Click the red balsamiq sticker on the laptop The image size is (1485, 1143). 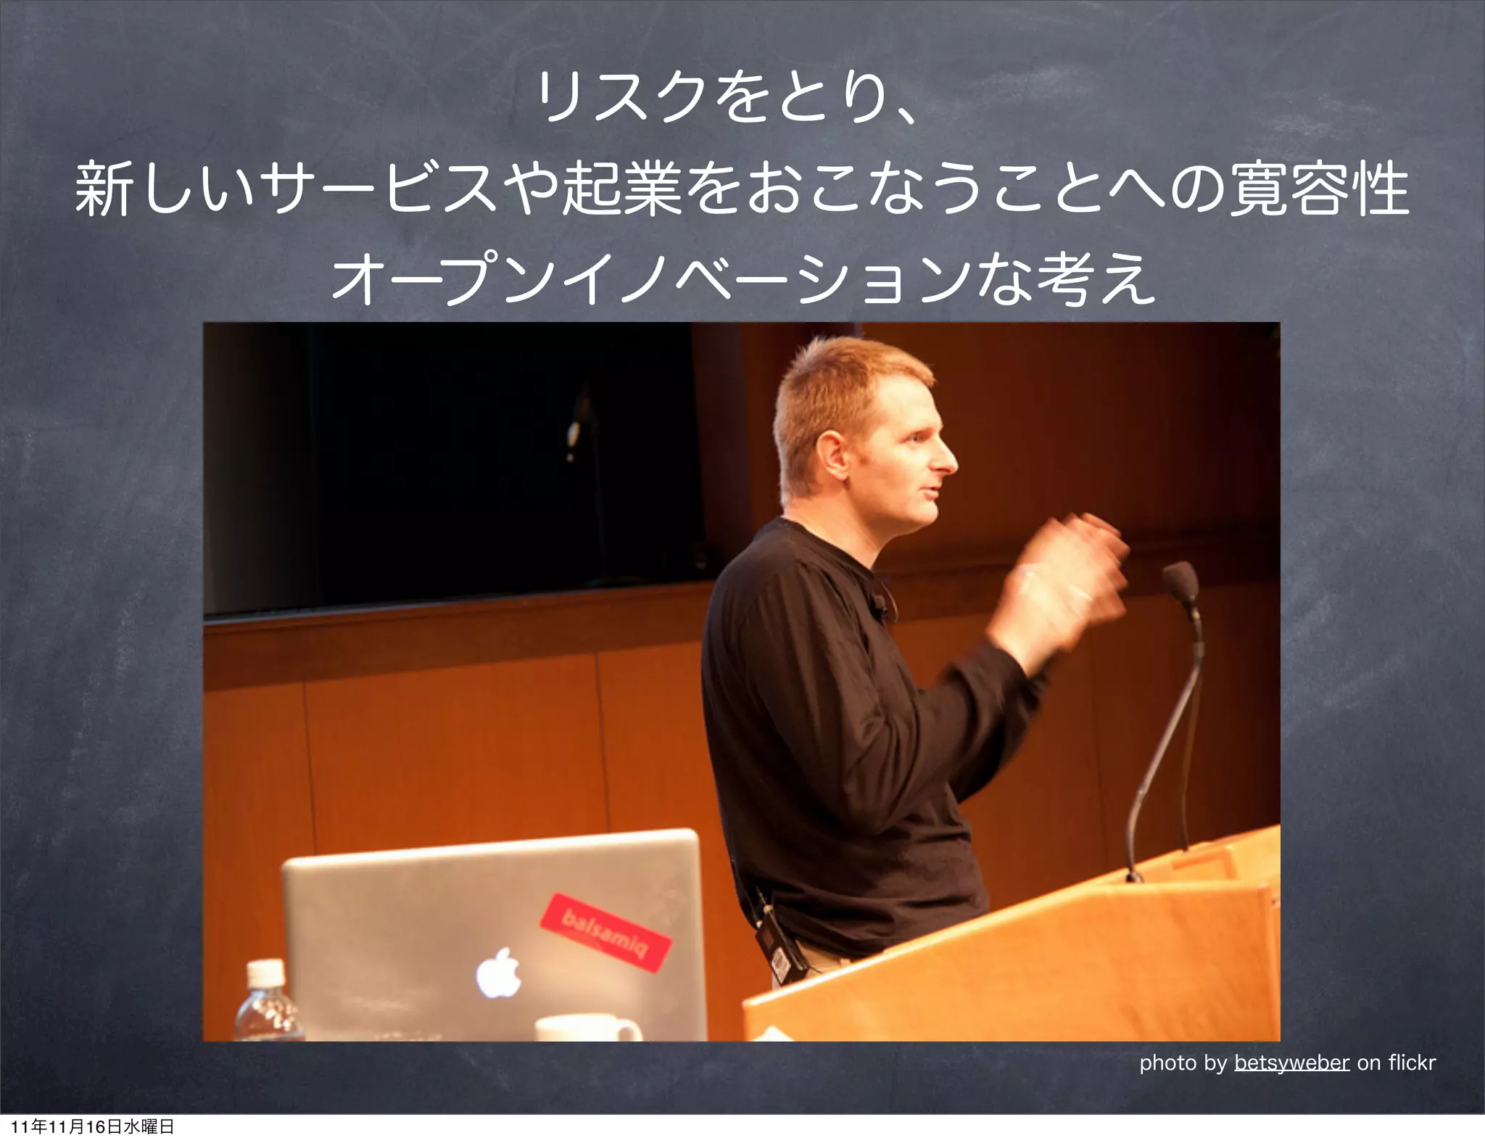[606, 931]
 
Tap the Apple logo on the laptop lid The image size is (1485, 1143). [498, 972]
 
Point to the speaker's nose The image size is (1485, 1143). [946, 461]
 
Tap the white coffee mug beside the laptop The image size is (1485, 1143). [587, 1029]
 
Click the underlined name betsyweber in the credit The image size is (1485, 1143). [1291, 1062]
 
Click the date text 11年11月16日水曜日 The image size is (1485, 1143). [93, 1126]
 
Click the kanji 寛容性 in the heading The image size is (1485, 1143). [1320, 190]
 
